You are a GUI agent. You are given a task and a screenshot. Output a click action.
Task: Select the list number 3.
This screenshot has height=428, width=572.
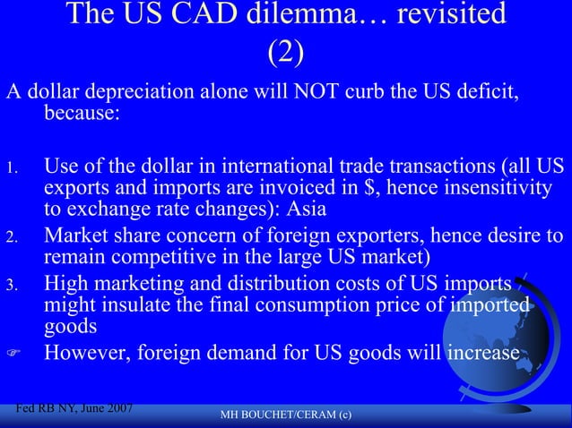point(11,286)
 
